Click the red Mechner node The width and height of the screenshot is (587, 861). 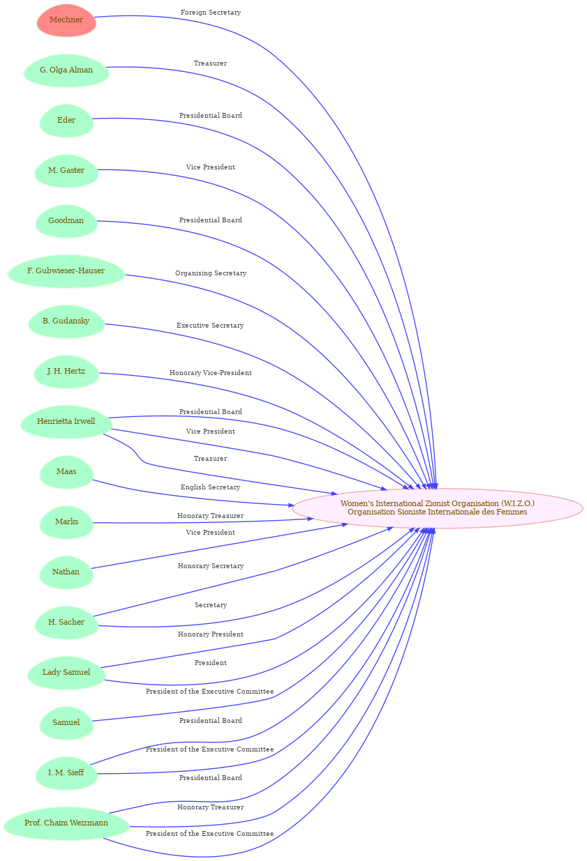pyautogui.click(x=66, y=20)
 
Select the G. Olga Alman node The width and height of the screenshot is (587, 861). pyautogui.click(x=66, y=70)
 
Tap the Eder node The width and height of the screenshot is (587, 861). pyautogui.click(x=66, y=121)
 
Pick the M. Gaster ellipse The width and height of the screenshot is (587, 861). pyautogui.click(x=66, y=171)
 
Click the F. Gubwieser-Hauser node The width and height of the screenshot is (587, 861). pyautogui.click(x=66, y=271)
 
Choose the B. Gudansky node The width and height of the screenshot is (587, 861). pyautogui.click(x=66, y=321)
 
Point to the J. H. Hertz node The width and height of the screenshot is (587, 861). pyautogui.click(x=66, y=372)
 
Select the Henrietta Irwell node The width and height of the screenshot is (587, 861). pyautogui.click(x=66, y=422)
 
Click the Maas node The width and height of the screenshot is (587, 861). pyautogui.click(x=66, y=472)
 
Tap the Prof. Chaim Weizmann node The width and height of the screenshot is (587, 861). pyautogui.click(x=66, y=823)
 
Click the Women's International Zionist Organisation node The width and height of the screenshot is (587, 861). pyautogui.click(x=438, y=508)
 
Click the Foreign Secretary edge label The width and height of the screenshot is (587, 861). pyautogui.click(x=211, y=13)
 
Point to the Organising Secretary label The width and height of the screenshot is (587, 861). pyautogui.click(x=211, y=273)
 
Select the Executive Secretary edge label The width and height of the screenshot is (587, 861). pyautogui.click(x=210, y=326)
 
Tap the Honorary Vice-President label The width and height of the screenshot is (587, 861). pyautogui.click(x=211, y=373)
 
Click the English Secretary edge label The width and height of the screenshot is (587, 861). pyautogui.click(x=211, y=487)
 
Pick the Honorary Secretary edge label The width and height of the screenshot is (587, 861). pyautogui.click(x=211, y=566)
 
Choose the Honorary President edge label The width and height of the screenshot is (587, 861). pyautogui.click(x=211, y=634)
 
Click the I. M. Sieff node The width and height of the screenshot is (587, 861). pyautogui.click(x=66, y=773)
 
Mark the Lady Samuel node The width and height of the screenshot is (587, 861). pyautogui.click(x=66, y=673)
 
